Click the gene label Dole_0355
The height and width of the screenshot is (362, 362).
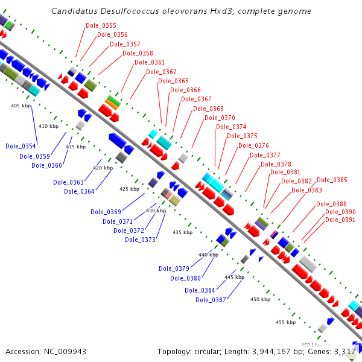pyautogui.click(x=101, y=25)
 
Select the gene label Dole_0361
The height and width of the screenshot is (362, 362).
pyautogui.click(x=150, y=62)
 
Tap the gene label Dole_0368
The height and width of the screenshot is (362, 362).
pyautogui.click(x=208, y=109)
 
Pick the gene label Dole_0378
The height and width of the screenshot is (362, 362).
pyautogui.click(x=276, y=164)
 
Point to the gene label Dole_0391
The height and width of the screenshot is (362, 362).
pyautogui.click(x=340, y=220)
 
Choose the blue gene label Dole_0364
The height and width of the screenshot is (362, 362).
pyautogui.click(x=79, y=192)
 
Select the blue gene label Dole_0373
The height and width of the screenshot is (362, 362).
pyautogui.click(x=140, y=240)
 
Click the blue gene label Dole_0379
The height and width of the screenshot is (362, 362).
pyautogui.click(x=174, y=268)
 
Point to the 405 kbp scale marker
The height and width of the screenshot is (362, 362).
pyautogui.click(x=21, y=106)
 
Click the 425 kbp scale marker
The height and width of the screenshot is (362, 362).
pyautogui.click(x=129, y=189)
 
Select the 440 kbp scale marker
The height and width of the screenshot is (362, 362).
pyautogui.click(x=208, y=255)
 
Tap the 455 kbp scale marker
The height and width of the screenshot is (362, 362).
pyautogui.click(x=285, y=322)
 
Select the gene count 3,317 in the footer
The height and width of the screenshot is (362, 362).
pyautogui.click(x=346, y=351)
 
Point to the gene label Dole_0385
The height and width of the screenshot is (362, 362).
pyautogui.click(x=332, y=180)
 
